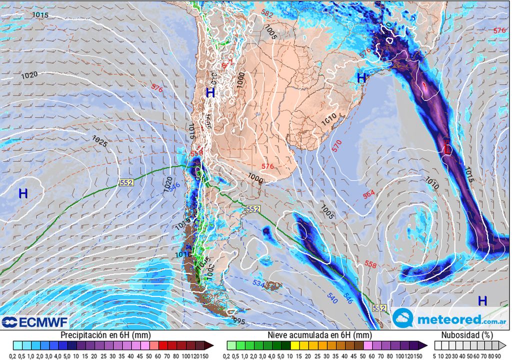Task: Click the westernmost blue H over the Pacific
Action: coord(23,193)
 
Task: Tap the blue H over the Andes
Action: coord(210,92)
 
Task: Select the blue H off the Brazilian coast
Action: coord(361,77)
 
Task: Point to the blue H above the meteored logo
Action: coord(482,300)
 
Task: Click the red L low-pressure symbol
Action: coord(446,148)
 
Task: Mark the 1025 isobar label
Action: coord(99,141)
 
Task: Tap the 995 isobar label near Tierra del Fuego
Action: coord(239,321)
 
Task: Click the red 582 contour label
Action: coord(267,14)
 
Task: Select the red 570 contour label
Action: coord(336,146)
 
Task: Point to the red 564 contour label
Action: coord(369,194)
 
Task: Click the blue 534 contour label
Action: coord(258,284)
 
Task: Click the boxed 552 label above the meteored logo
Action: coord(379,308)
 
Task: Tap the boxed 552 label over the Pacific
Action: coord(126,183)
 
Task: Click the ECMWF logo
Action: coord(34,322)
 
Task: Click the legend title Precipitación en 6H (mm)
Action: coord(105,335)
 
